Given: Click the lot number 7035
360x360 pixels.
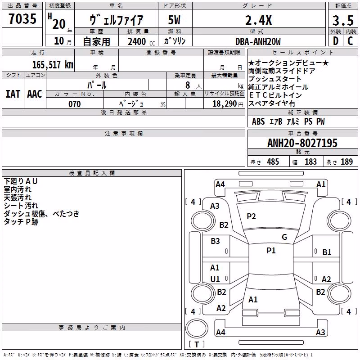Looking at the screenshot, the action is [x=22, y=18].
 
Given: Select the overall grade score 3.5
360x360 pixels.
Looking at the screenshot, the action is [x=343, y=20].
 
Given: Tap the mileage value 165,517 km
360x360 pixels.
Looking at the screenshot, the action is [x=53, y=64].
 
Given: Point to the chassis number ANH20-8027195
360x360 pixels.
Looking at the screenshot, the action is [x=302, y=143].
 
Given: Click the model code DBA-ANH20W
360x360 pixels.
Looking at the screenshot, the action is [x=258, y=41].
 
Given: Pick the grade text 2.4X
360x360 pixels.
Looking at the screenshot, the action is [x=258, y=20].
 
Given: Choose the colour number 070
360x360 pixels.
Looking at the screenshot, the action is [x=75, y=104].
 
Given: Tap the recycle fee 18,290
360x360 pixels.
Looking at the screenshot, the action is [x=224, y=104].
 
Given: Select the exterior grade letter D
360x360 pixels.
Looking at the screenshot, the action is [x=336, y=41].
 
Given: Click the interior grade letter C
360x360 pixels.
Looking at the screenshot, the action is [x=350, y=41].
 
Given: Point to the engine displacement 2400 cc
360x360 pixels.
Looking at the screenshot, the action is [x=141, y=42].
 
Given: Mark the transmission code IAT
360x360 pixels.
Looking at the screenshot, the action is [x=13, y=94].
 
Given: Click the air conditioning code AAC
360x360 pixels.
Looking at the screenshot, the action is [x=35, y=94].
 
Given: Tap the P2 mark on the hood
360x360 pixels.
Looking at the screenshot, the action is [x=251, y=216].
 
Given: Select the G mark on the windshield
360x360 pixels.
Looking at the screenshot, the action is [x=284, y=237].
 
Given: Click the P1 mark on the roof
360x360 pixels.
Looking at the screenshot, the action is [x=271, y=250].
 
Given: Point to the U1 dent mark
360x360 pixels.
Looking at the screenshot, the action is [x=215, y=279].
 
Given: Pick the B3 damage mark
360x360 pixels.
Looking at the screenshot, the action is [x=216, y=241].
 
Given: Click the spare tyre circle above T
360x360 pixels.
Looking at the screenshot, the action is [x=197, y=328].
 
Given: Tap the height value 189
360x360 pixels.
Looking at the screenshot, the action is [x=346, y=162].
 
